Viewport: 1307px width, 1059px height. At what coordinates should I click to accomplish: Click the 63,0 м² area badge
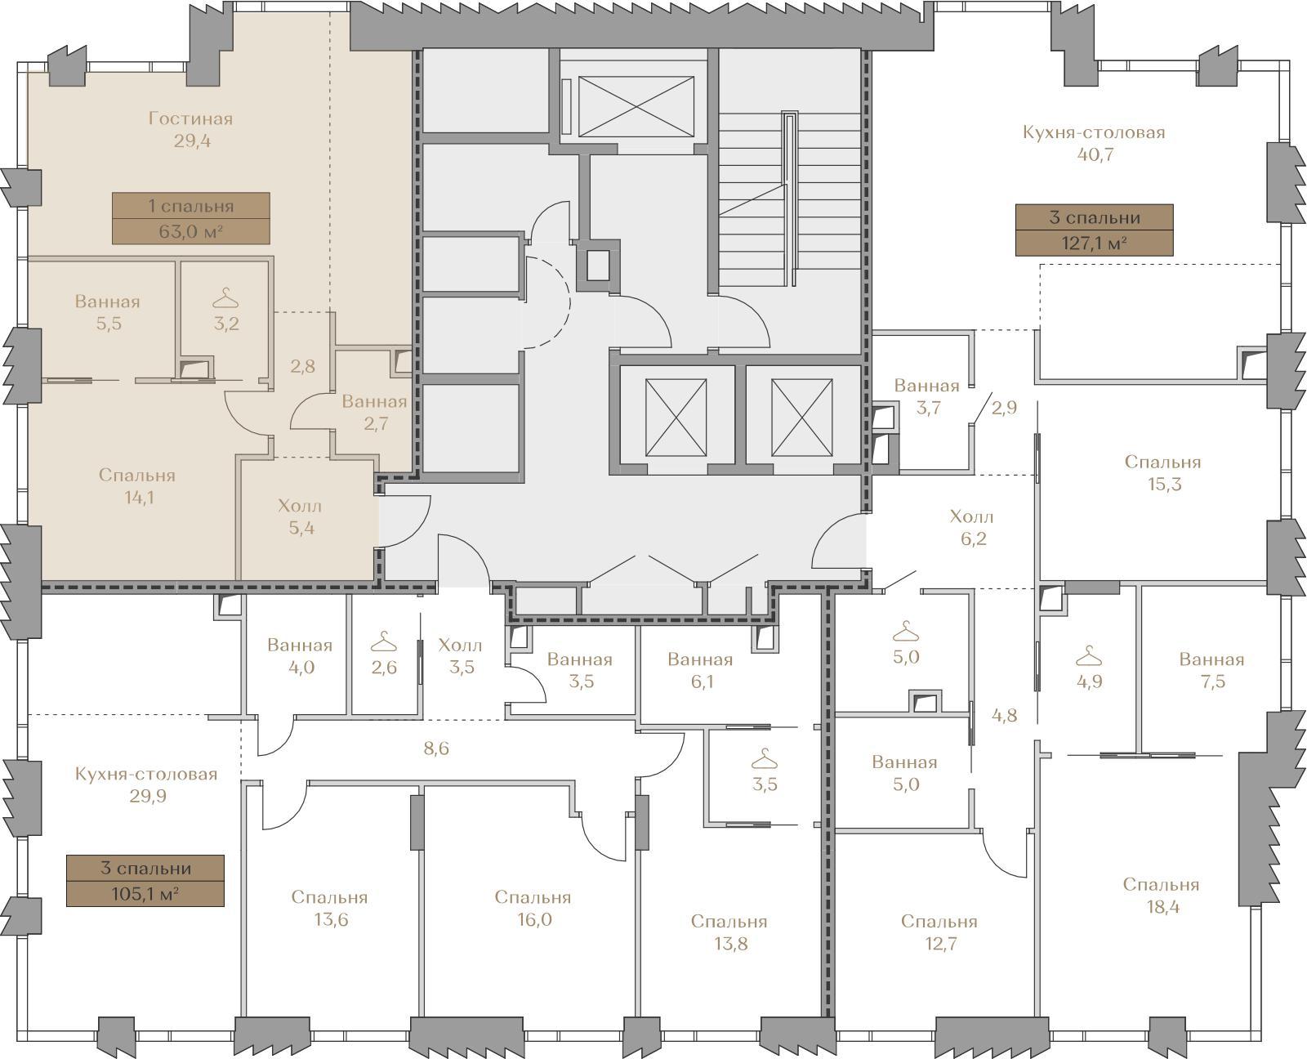click(191, 218)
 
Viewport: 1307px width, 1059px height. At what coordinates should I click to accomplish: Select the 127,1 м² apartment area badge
click(1094, 230)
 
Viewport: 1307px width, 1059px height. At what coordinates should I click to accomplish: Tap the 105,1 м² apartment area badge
click(145, 880)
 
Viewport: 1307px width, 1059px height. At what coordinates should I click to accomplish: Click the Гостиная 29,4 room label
click(191, 130)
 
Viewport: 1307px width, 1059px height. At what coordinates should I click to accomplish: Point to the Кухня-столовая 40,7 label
click(1094, 143)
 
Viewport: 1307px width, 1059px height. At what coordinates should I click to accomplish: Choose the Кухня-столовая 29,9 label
click(147, 784)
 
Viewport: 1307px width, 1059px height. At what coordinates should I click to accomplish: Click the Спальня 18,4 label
click(1162, 895)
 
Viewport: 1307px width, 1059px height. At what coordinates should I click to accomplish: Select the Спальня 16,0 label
click(533, 908)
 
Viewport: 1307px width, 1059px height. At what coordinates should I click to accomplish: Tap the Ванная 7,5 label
click(1212, 670)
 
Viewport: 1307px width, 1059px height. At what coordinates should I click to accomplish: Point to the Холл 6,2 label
click(972, 527)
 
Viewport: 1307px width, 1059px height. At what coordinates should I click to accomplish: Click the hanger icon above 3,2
click(225, 297)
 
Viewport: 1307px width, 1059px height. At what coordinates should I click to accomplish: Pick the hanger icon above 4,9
click(1089, 655)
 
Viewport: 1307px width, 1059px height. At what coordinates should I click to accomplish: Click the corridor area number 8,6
click(435, 748)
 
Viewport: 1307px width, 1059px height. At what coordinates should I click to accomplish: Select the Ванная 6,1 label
click(701, 670)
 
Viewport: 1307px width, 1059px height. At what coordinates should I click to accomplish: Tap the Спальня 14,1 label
click(137, 485)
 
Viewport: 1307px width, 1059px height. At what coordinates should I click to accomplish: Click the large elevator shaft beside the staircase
click(636, 106)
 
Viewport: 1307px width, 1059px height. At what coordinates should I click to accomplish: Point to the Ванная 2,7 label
click(375, 412)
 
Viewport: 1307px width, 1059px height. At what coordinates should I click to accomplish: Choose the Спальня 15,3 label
click(1163, 473)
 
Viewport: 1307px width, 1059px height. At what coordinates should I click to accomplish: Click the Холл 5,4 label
click(300, 516)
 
